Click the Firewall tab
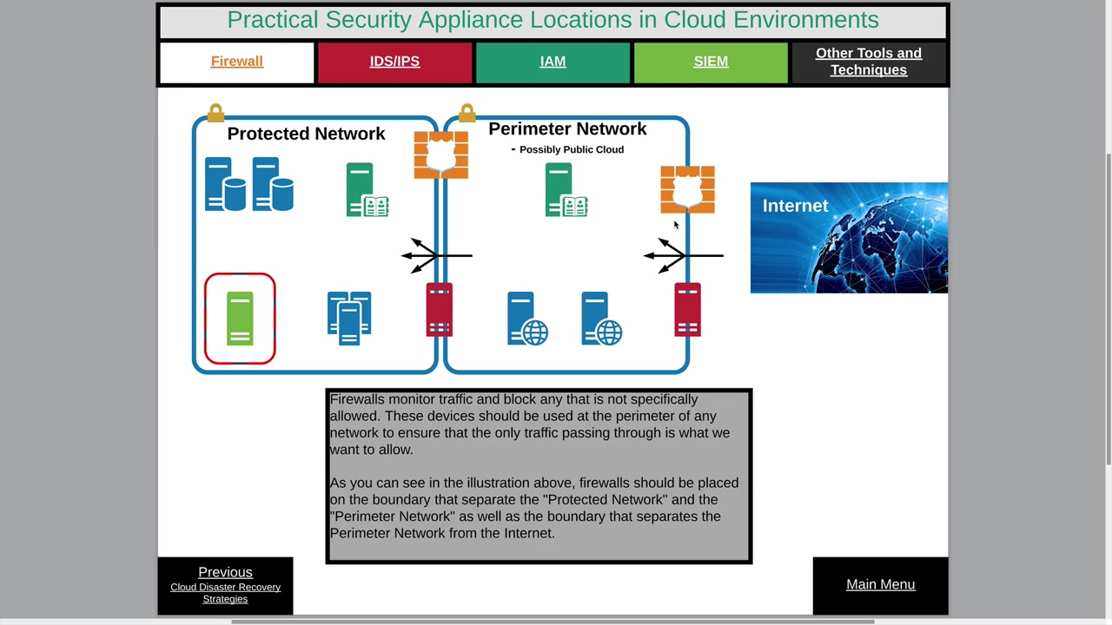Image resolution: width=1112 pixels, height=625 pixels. pyautogui.click(x=236, y=62)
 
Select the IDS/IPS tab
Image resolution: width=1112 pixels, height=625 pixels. pyautogui.click(x=394, y=62)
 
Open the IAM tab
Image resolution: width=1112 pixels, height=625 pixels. pyautogui.click(x=553, y=62)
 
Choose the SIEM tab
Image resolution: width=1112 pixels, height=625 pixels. pyautogui.click(x=711, y=62)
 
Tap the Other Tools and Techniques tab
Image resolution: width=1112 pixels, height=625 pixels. pyautogui.click(x=868, y=62)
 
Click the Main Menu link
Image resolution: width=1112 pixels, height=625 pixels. pyautogui.click(x=880, y=584)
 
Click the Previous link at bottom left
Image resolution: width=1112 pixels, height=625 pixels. pyautogui.click(x=225, y=572)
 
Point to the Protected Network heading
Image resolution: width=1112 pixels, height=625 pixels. pyautogui.click(x=306, y=134)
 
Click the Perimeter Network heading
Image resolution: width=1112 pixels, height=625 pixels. pyautogui.click(x=567, y=128)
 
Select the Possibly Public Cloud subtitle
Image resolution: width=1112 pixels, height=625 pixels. pyautogui.click(x=571, y=149)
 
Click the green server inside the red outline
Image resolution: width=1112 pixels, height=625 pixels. pyautogui.click(x=240, y=319)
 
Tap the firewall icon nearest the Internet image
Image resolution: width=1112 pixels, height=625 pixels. pyautogui.click(x=687, y=189)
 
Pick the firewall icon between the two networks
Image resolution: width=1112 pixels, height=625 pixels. pyautogui.click(x=440, y=155)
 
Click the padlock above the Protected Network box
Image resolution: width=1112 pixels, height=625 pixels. pyautogui.click(x=215, y=113)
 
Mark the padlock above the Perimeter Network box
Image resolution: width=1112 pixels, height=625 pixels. pyautogui.click(x=467, y=113)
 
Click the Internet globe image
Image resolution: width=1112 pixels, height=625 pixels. pyautogui.click(x=849, y=238)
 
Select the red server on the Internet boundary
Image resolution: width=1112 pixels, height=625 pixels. pyautogui.click(x=687, y=310)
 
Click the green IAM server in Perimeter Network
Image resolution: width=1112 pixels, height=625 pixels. pyautogui.click(x=566, y=190)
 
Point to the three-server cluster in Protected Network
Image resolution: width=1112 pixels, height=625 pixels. pyautogui.click(x=349, y=319)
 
